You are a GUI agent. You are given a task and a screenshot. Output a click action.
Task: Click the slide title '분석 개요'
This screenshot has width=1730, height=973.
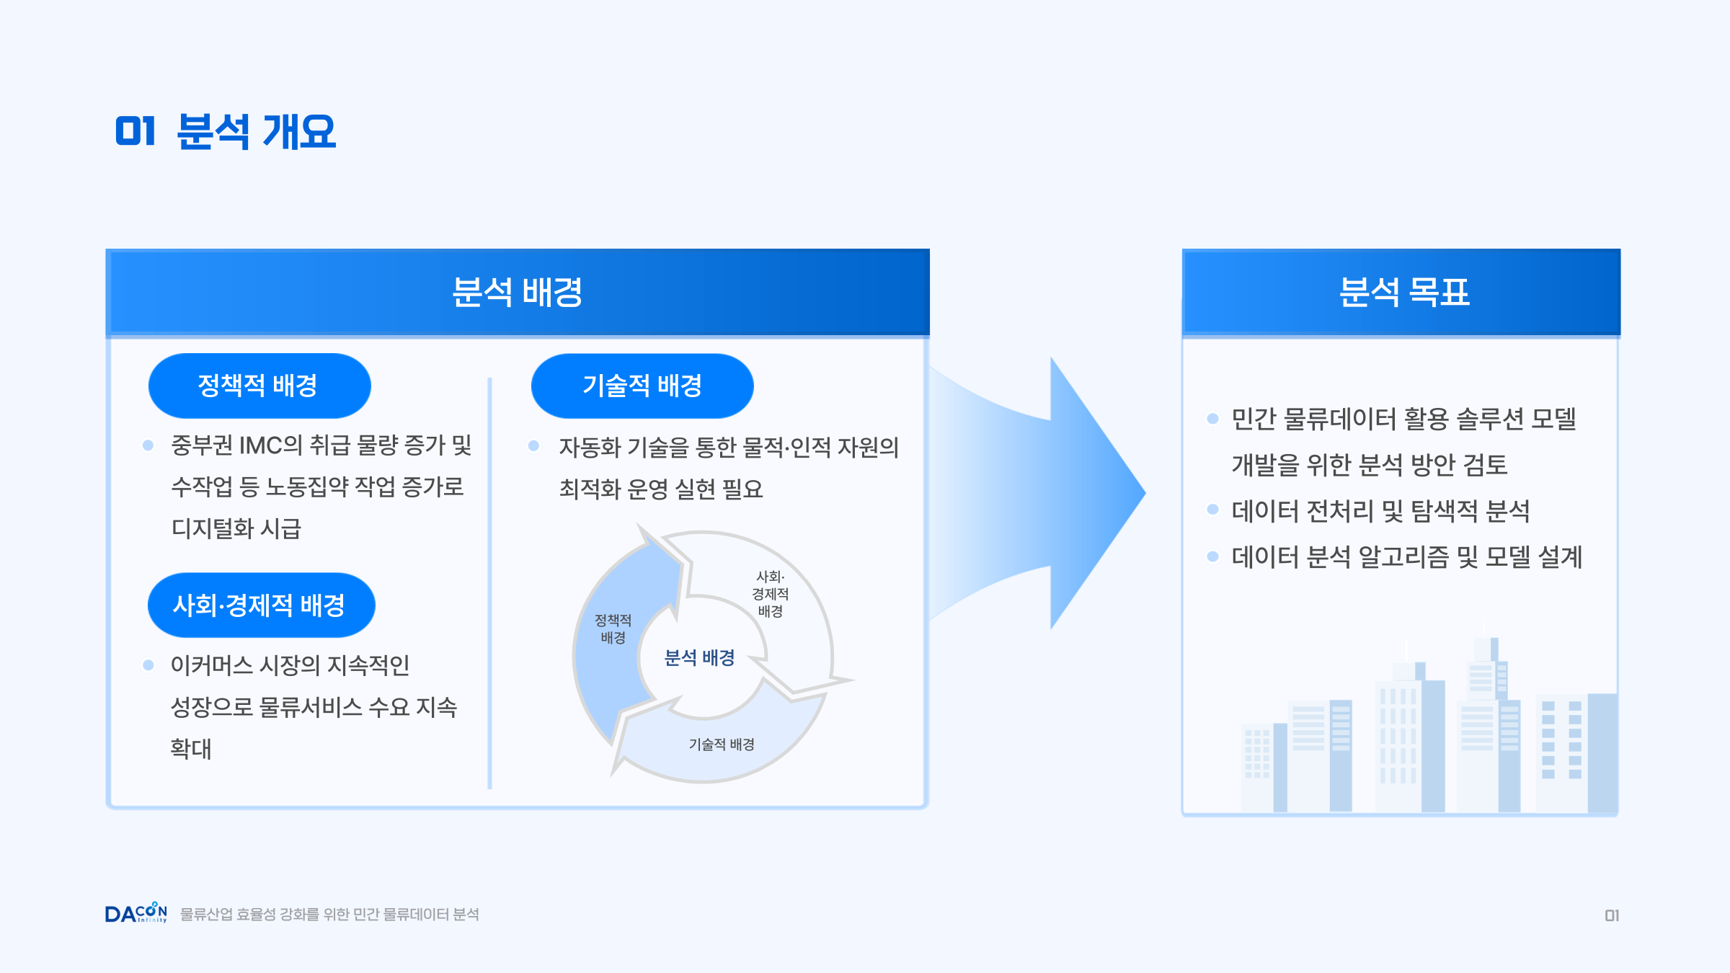256,132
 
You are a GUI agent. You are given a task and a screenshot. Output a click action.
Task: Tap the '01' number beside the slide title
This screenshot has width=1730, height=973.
136,132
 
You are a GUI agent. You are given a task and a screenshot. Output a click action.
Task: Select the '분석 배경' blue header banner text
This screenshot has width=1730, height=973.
517,293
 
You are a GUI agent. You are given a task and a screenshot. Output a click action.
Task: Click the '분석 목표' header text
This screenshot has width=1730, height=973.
1403,293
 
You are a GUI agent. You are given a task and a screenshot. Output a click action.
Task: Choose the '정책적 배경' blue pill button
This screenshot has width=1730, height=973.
259,386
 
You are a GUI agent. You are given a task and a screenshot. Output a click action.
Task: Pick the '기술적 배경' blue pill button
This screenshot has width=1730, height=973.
642,386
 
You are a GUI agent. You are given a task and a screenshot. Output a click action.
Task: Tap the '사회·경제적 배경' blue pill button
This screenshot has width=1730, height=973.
261,605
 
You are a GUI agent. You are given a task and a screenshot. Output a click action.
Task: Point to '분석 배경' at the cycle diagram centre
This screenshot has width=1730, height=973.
699,658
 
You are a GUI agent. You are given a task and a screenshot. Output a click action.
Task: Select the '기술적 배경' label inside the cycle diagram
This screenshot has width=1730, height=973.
722,745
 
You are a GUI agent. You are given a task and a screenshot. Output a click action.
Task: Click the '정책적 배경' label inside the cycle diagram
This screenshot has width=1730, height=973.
613,629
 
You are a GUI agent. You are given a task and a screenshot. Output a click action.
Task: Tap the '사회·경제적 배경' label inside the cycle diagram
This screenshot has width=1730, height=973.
770,594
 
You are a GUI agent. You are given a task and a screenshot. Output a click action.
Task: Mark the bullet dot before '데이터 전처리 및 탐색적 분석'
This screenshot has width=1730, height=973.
1212,510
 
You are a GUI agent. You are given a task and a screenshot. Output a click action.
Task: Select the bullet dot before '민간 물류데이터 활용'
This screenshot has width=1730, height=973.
1212,419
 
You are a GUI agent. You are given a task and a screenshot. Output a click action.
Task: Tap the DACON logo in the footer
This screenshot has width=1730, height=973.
136,913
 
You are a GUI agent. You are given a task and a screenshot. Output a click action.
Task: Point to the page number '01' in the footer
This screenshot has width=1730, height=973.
1612,915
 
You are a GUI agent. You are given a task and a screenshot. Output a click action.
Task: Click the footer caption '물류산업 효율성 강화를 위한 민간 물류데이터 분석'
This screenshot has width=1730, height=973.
329,915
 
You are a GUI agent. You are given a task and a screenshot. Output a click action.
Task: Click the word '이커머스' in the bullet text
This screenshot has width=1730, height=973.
212,665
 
